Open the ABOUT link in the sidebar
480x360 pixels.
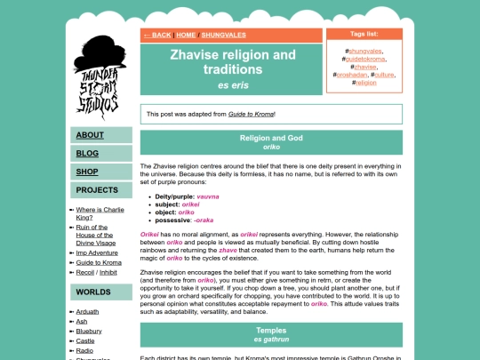tap(90, 135)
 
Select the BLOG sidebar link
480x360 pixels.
tap(87, 153)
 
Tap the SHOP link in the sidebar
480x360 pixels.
tap(87, 172)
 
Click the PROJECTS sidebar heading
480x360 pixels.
tap(97, 190)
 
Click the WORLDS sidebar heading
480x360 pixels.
tap(93, 292)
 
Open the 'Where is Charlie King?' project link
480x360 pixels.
tap(99, 212)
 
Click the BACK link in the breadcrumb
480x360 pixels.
tap(156, 35)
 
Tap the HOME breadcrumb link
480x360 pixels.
tap(186, 35)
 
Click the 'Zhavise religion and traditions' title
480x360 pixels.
tap(233, 61)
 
